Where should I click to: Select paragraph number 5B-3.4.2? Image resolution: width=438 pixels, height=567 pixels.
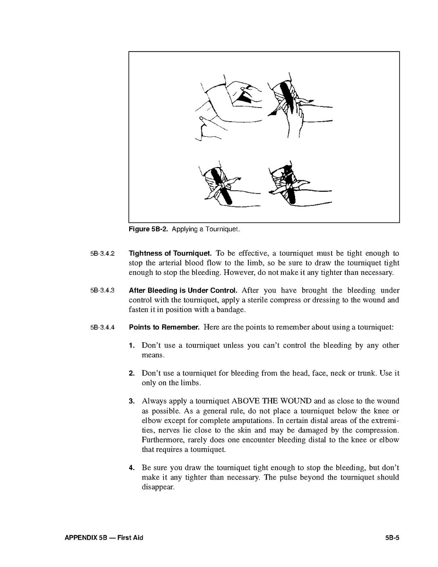(x=102, y=254)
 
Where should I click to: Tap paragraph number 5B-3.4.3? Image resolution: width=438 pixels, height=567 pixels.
(x=102, y=291)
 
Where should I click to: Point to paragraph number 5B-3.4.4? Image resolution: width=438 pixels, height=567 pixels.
(x=102, y=328)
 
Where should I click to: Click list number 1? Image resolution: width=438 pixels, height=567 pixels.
(x=132, y=346)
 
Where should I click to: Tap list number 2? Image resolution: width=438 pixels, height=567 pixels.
(x=132, y=373)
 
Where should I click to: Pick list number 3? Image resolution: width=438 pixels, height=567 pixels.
(x=132, y=401)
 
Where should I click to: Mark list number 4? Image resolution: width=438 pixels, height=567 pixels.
(x=132, y=468)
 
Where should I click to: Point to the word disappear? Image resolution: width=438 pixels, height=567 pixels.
(x=158, y=487)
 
